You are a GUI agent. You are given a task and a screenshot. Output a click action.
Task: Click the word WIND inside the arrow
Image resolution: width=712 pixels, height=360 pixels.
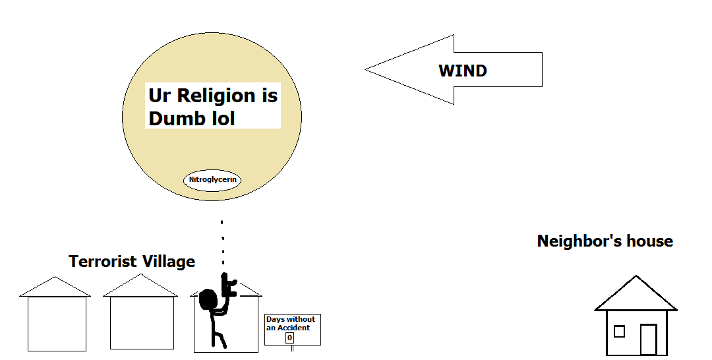pyautogui.click(x=463, y=71)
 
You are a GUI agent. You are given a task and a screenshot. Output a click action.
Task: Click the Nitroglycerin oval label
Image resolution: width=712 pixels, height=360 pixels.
pyautogui.click(x=212, y=179)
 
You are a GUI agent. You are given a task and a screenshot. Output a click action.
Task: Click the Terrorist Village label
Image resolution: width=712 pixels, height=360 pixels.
pyautogui.click(x=132, y=262)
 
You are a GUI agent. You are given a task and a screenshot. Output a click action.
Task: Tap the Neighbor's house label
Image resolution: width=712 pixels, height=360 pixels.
pyautogui.click(x=605, y=241)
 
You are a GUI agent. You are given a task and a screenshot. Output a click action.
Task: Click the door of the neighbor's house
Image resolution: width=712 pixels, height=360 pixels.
pyautogui.click(x=648, y=339)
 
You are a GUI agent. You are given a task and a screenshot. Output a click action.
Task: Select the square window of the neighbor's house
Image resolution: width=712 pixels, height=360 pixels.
pyautogui.click(x=619, y=331)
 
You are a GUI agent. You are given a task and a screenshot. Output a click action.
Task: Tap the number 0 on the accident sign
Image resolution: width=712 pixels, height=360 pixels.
pyautogui.click(x=289, y=338)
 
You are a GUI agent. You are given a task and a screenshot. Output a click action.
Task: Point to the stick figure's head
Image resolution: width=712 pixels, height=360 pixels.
pyautogui.click(x=209, y=299)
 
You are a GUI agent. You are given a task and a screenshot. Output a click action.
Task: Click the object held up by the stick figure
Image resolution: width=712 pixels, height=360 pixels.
pyautogui.click(x=228, y=284)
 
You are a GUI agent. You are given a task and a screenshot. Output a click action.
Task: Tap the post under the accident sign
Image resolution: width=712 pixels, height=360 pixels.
pyautogui.click(x=292, y=349)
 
